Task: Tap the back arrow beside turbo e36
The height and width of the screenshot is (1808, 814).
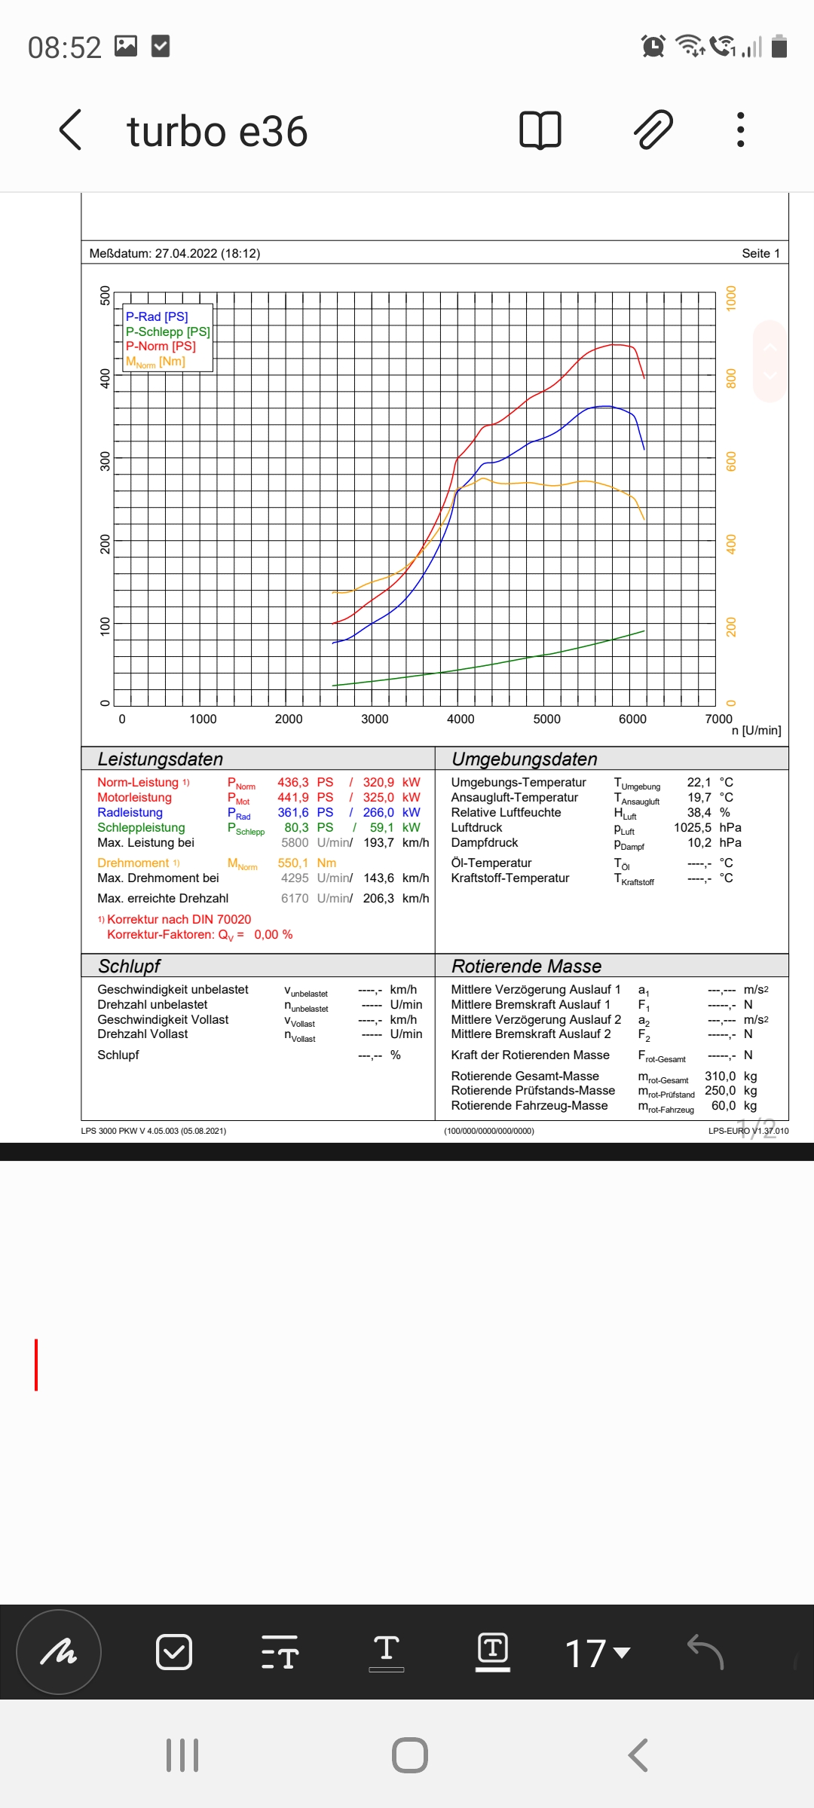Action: (70, 130)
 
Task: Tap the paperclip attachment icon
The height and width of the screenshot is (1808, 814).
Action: (653, 130)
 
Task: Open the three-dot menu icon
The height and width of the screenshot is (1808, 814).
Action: (741, 130)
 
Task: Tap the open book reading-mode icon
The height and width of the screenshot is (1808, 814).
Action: (540, 130)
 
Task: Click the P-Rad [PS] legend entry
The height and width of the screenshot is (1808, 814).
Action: (157, 316)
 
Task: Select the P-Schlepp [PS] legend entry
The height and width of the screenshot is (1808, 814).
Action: (167, 331)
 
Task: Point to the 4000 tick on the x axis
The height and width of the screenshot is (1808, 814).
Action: (461, 719)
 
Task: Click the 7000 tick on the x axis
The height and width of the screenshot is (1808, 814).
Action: (718, 719)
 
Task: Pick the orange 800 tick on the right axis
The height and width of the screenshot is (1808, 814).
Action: (730, 378)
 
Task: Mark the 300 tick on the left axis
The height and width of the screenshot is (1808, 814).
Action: (105, 461)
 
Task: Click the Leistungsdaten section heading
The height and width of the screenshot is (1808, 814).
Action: (161, 759)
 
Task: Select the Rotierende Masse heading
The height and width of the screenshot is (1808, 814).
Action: (526, 967)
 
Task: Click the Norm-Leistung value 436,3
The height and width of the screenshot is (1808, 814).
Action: (293, 783)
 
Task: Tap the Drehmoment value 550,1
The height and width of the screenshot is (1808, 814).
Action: (293, 863)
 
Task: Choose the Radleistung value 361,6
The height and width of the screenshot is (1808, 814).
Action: (293, 813)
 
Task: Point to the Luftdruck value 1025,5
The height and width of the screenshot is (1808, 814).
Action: (693, 828)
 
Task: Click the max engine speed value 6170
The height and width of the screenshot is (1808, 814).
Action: (295, 899)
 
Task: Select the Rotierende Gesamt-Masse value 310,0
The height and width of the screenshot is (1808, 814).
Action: (720, 1077)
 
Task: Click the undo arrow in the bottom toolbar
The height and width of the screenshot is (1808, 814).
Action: (705, 1652)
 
